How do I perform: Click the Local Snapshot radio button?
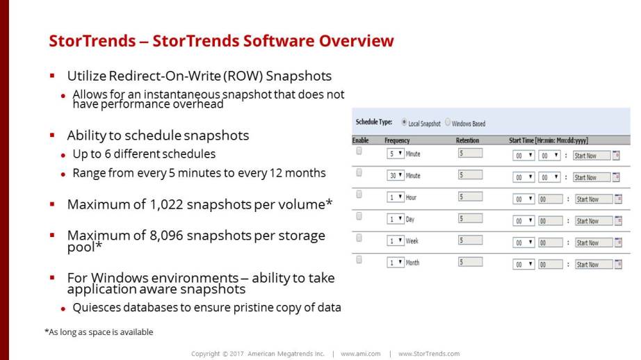coord(404,122)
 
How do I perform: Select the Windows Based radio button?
coord(448,122)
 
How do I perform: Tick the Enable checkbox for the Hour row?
coord(359,194)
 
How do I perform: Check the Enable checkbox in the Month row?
coord(359,259)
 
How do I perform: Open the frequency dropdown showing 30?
coord(396,175)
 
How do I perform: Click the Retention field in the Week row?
coord(470,240)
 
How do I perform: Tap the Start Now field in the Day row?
coord(594,221)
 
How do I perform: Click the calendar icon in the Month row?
coord(618,264)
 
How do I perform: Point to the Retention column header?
coord(467,140)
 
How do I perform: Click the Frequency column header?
coord(397,140)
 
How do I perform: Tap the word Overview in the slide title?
coord(356,41)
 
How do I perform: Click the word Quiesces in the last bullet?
coord(96,308)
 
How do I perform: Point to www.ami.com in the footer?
coord(361,354)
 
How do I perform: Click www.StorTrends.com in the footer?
coord(429,354)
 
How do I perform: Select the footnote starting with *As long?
coord(99,332)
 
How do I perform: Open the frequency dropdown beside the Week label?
coord(396,240)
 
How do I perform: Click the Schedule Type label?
coord(374,122)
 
